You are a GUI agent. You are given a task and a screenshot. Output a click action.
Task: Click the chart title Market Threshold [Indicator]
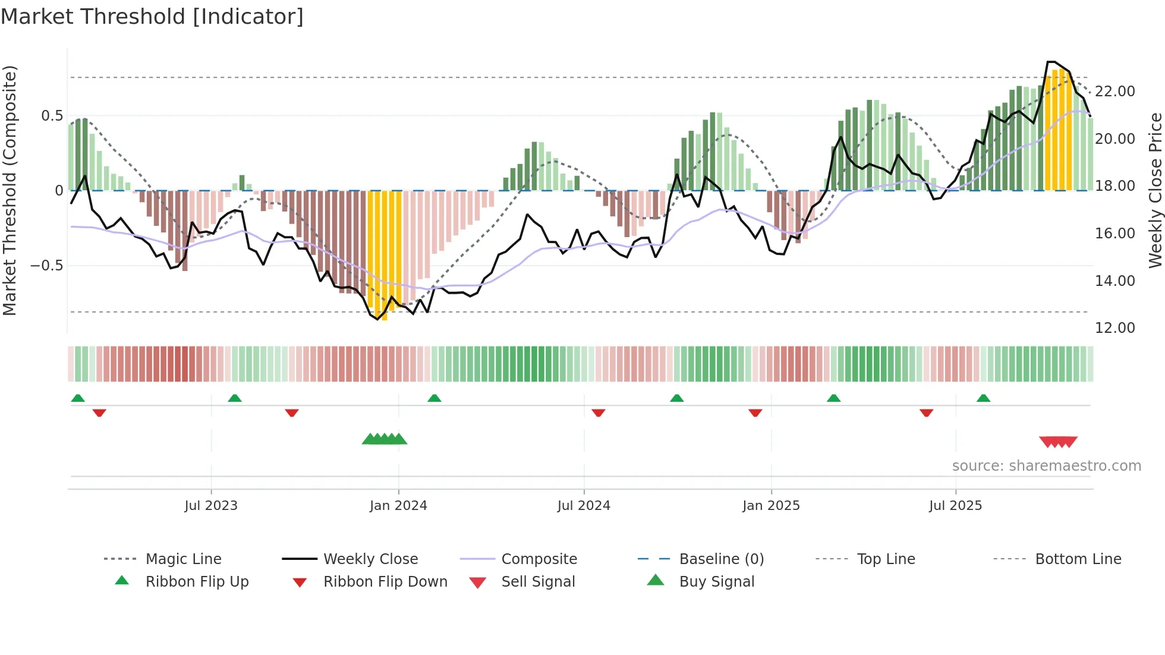[152, 17]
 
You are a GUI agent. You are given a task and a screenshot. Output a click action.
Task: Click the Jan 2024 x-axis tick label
[398, 506]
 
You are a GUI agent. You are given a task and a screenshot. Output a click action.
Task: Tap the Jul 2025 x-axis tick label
[955, 506]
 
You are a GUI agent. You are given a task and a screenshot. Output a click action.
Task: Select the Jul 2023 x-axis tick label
[211, 506]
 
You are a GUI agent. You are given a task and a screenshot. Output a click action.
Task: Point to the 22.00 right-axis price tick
[1114, 92]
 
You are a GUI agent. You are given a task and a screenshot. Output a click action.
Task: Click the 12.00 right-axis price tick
[1114, 328]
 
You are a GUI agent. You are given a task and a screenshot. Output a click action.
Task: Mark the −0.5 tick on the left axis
[47, 266]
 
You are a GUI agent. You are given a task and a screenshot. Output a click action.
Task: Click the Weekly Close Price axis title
[1155, 190]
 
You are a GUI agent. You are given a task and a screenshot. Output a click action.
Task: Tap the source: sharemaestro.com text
[1046, 466]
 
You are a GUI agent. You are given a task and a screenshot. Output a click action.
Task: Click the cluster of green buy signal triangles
[385, 439]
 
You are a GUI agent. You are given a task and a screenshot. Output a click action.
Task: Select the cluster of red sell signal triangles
[1058, 442]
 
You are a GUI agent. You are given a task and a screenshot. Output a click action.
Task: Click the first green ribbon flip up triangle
[78, 398]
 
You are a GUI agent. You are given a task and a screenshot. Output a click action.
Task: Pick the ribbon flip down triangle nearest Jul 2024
[599, 412]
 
